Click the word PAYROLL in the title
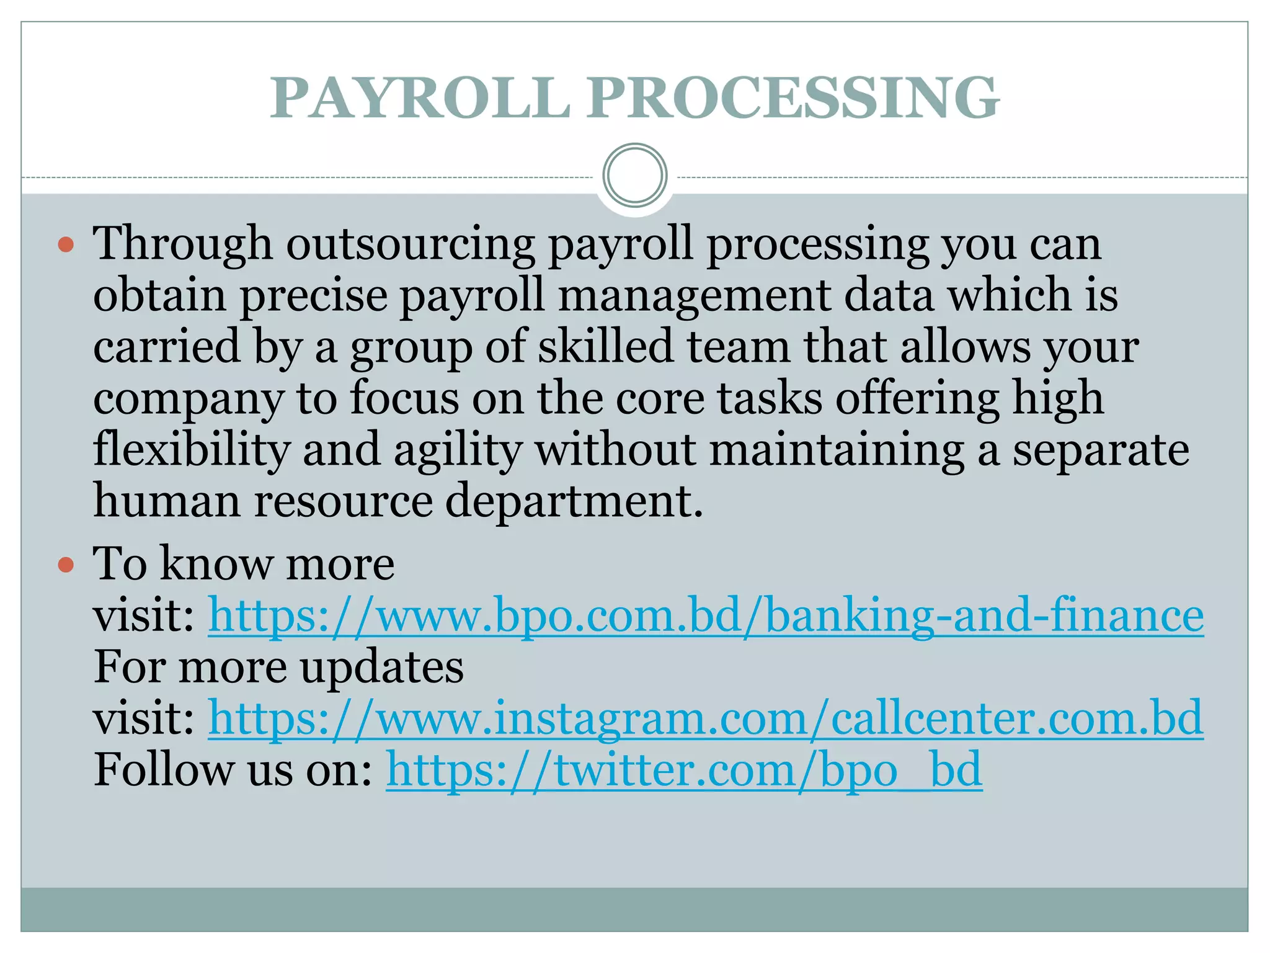[420, 97]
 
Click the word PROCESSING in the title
[793, 97]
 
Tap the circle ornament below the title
[634, 176]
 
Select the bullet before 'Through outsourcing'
[66, 244]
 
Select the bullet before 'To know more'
[66, 565]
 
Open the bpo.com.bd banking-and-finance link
[705, 615]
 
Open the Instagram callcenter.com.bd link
[705, 718]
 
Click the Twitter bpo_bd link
[683, 769]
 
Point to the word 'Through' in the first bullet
[183, 244]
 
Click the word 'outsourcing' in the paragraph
[410, 244]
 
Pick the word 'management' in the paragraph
[694, 295]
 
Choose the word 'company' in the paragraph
[189, 399]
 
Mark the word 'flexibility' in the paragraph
[192, 450]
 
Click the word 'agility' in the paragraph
[458, 450]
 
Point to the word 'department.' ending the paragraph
[574, 501]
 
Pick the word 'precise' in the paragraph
[314, 295]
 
